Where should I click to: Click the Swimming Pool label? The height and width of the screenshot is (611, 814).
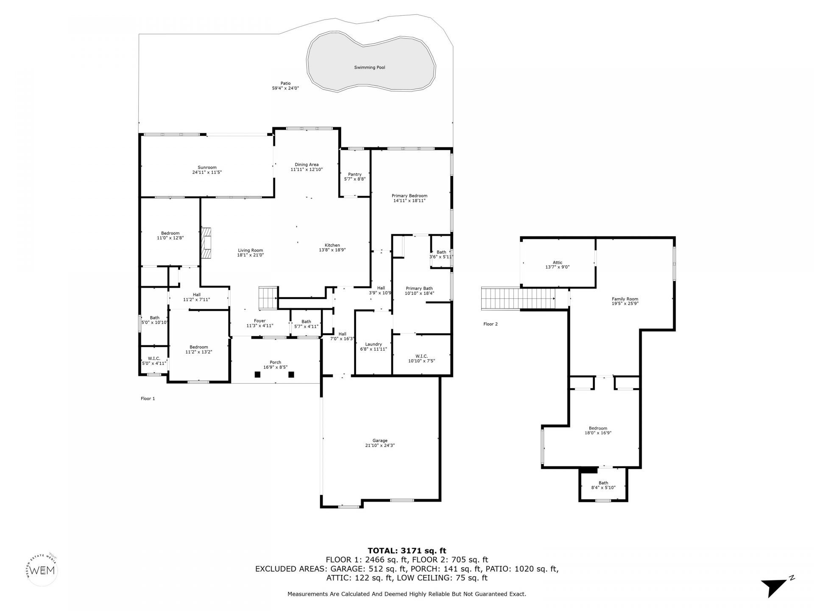(369, 67)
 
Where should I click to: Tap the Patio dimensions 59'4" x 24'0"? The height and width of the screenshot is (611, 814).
(285, 88)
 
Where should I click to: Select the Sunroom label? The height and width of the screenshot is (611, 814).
(207, 167)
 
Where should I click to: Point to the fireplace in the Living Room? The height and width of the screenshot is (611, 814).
(206, 243)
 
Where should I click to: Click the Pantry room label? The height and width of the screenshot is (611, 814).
(355, 174)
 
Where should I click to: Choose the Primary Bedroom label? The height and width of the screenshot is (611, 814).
(409, 196)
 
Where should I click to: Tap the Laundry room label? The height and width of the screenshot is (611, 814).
(374, 344)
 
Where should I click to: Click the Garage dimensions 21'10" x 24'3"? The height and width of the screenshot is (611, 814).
(380, 446)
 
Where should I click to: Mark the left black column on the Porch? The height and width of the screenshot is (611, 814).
(257, 374)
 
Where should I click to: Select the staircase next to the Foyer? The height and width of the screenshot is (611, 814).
(268, 298)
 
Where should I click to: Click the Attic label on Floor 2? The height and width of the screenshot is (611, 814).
(557, 263)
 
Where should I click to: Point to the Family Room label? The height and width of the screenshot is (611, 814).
(625, 299)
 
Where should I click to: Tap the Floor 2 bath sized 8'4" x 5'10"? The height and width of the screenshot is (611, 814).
(603, 485)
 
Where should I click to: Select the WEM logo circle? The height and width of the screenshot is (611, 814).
(40, 570)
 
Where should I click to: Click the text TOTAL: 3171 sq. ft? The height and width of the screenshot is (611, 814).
(407, 551)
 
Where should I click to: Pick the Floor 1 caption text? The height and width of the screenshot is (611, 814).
(148, 398)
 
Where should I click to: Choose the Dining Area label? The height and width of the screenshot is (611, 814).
(307, 165)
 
